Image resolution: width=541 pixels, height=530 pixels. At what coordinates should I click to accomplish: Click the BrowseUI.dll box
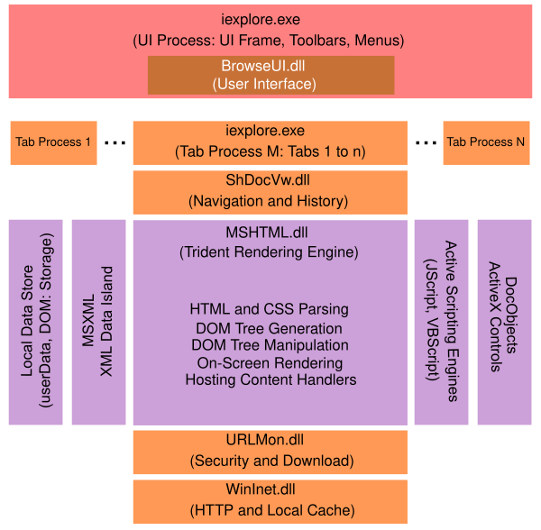pyautogui.click(x=270, y=75)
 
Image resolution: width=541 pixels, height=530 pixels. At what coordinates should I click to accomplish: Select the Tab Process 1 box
pyautogui.click(x=53, y=142)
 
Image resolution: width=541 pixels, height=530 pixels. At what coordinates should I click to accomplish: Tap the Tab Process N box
pyautogui.click(x=486, y=142)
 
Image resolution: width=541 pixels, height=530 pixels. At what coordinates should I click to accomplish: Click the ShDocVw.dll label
pyautogui.click(x=270, y=180)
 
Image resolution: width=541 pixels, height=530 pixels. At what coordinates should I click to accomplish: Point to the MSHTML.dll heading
pyautogui.click(x=270, y=230)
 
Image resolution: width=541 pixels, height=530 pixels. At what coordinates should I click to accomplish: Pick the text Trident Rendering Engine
pyautogui.click(x=270, y=251)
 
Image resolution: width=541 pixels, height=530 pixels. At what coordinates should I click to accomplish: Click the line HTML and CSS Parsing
pyautogui.click(x=270, y=309)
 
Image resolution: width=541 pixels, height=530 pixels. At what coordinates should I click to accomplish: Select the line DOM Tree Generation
pyautogui.click(x=270, y=328)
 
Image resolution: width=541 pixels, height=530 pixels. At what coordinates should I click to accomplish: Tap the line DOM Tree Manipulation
pyautogui.click(x=270, y=345)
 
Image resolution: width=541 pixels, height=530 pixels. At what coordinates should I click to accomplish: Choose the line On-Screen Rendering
pyautogui.click(x=270, y=362)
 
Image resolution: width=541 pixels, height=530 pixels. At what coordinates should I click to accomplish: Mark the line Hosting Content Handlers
pyautogui.click(x=270, y=379)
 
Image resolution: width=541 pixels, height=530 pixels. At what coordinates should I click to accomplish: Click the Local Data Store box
pyautogui.click(x=36, y=322)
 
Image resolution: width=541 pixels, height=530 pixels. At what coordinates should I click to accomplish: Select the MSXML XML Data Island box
pyautogui.click(x=98, y=322)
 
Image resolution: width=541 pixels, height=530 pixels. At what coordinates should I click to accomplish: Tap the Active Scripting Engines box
pyautogui.click(x=441, y=322)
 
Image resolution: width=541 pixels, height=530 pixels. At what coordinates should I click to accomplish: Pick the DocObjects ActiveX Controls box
pyautogui.click(x=504, y=322)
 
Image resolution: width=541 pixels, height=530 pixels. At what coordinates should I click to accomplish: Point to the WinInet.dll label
pyautogui.click(x=270, y=490)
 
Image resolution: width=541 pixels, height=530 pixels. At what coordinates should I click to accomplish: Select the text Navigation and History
pyautogui.click(x=270, y=201)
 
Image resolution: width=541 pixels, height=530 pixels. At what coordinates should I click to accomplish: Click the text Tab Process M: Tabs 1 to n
pyautogui.click(x=270, y=151)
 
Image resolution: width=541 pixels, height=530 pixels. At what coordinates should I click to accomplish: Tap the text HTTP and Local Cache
pyautogui.click(x=270, y=510)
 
